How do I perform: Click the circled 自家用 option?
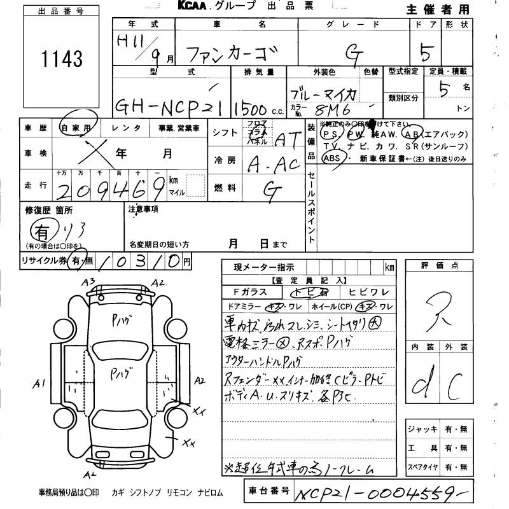coord(75,128)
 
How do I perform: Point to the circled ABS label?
coord(331,158)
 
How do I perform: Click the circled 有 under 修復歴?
coord(43,230)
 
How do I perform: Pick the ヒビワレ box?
coord(367,292)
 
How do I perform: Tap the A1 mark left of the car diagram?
coord(39,384)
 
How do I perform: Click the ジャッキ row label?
coord(421,429)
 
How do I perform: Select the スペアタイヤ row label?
coord(422,468)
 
